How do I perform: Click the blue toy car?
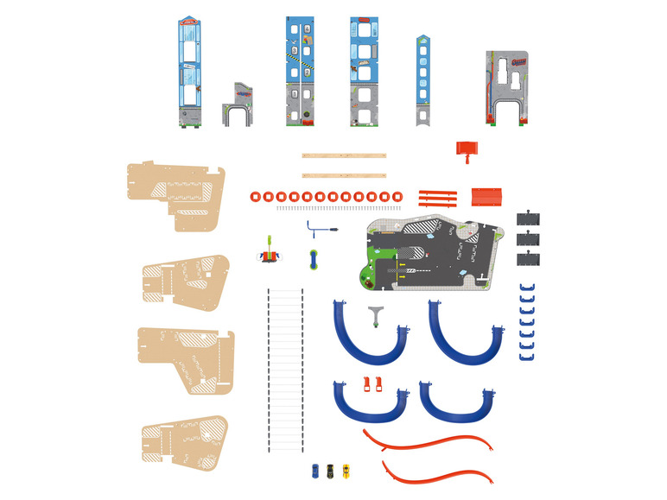click(x=315, y=470)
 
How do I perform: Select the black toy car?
click(x=329, y=470)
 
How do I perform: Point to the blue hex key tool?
click(x=319, y=231)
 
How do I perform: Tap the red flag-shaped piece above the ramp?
click(x=466, y=151)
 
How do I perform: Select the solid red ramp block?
click(x=486, y=196)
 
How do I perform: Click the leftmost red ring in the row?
click(x=255, y=196)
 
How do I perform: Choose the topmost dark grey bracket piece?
click(x=529, y=219)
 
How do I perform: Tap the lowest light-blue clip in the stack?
click(x=528, y=353)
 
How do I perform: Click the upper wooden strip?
click(x=343, y=156)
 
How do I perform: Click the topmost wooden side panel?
click(x=175, y=195)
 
